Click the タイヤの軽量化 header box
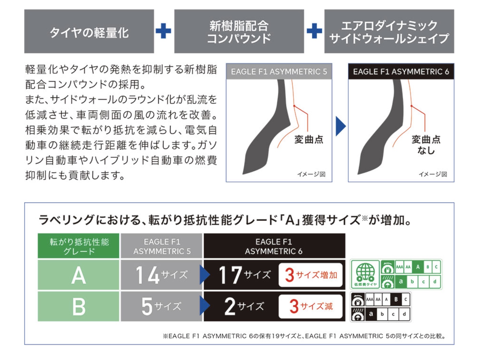coord(89,31)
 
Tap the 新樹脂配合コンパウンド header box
coord(239,31)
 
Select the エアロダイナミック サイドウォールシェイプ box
coord(389,31)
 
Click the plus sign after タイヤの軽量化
coord(163,31)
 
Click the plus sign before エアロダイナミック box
coord(314,31)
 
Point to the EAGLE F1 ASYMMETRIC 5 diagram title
coord(279,72)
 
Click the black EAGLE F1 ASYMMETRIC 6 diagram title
coord(401,72)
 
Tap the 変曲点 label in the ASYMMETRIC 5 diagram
coord(309,140)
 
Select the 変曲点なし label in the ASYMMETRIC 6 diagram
coord(426,145)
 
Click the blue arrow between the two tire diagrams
coord(340,126)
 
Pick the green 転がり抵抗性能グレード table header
coord(79,246)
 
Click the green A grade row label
coord(79,275)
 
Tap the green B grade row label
coord(79,306)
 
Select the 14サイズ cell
coord(162,275)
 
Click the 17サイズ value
coord(245,275)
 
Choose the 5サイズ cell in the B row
coord(162,306)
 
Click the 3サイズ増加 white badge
coord(311,275)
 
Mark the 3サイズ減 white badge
coord(311,306)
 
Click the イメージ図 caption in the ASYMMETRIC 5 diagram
coord(311,174)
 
